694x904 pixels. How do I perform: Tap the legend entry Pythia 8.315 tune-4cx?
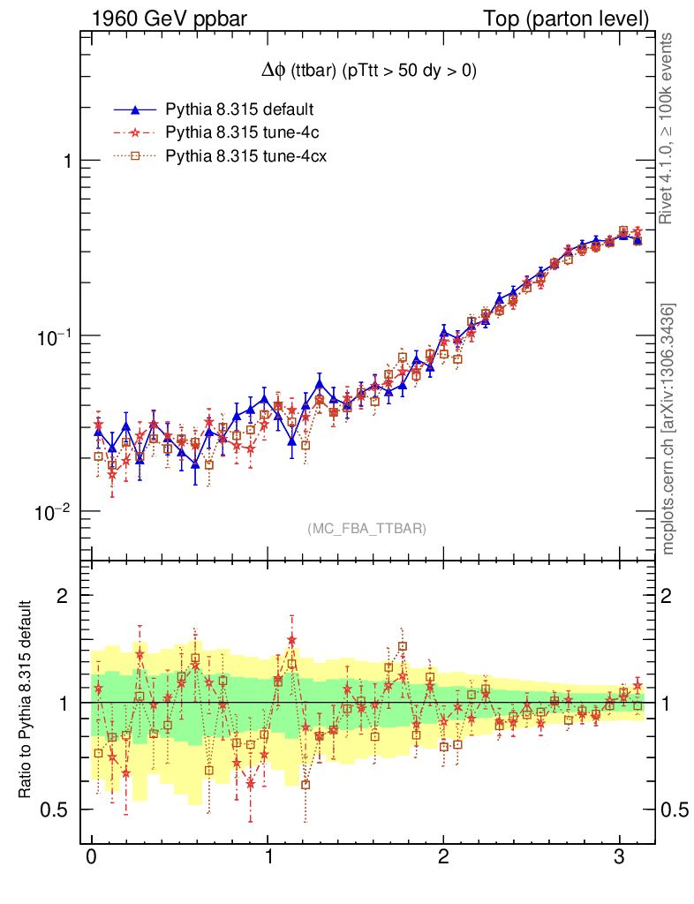(x=245, y=158)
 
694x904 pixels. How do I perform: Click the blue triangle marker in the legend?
(x=135, y=110)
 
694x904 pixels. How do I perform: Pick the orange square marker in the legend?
(x=135, y=158)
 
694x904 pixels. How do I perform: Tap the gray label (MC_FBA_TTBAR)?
(x=366, y=528)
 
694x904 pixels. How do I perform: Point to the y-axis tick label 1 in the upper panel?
(x=66, y=161)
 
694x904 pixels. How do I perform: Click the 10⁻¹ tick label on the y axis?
(x=56, y=336)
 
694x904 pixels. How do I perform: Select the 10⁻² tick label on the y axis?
(x=56, y=512)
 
